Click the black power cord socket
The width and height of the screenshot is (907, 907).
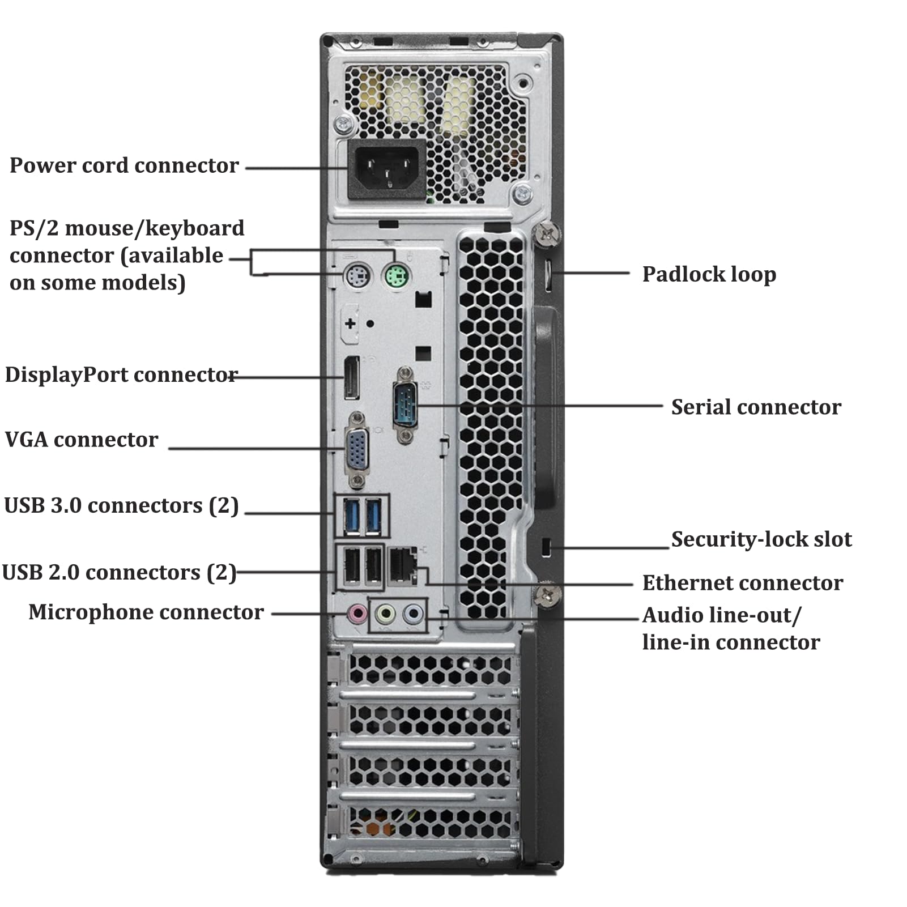(x=387, y=169)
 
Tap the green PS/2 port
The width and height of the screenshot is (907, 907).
(x=397, y=277)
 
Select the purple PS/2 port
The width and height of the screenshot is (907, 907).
(x=357, y=277)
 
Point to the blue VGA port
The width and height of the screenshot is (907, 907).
(x=357, y=450)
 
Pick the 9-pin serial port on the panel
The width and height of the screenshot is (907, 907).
(x=404, y=404)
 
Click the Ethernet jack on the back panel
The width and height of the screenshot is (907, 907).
(x=403, y=565)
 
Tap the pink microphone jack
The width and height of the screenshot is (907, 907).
(x=357, y=613)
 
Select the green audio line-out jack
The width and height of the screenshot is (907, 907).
(x=386, y=613)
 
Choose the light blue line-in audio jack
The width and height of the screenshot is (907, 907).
(x=414, y=613)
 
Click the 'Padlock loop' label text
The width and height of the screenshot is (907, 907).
(x=709, y=275)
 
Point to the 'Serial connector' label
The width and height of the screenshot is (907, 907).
(x=756, y=407)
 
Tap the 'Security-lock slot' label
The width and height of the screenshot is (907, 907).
(x=761, y=539)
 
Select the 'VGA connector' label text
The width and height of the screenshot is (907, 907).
(x=82, y=440)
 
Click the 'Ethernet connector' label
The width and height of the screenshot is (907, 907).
(x=743, y=583)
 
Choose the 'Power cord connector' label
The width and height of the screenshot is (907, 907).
(x=124, y=165)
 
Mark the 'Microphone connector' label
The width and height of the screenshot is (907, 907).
(x=146, y=612)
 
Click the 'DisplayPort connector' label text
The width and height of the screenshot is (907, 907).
(x=121, y=375)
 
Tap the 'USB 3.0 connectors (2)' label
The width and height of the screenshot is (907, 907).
(x=121, y=505)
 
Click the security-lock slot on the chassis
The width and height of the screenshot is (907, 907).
(x=546, y=547)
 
